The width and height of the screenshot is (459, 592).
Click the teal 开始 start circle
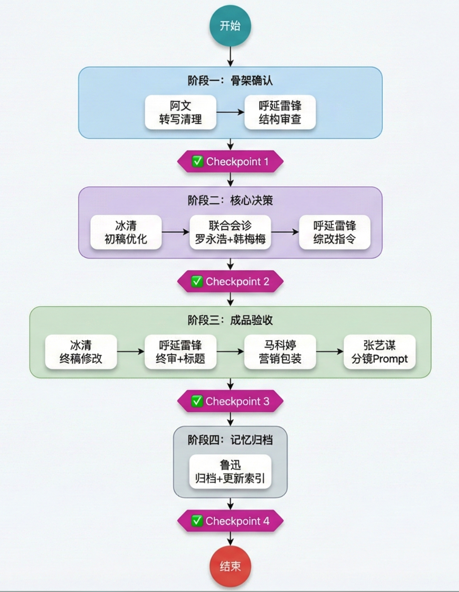click(230, 26)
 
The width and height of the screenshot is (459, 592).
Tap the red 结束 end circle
click(230, 566)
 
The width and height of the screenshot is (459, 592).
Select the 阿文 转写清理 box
click(181, 112)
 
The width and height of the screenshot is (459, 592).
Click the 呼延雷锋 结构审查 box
click(280, 112)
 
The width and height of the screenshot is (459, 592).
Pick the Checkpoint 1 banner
click(230, 161)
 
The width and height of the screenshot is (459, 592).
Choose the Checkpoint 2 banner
click(230, 282)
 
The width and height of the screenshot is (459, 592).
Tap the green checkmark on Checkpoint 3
click(197, 401)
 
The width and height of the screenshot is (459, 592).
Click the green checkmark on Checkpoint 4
click(197, 521)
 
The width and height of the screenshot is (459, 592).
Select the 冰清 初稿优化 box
click(126, 232)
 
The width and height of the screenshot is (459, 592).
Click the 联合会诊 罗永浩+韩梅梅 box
click(230, 232)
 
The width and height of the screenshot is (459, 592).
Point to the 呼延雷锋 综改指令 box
click(335, 232)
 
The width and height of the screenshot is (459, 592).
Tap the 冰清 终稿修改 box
click(81, 352)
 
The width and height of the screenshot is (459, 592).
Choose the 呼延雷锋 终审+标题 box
click(180, 352)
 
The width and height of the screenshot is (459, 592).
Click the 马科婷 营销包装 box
click(280, 352)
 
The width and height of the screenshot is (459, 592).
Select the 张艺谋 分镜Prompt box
click(380, 352)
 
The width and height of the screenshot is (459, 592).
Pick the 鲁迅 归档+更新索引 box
click(230, 472)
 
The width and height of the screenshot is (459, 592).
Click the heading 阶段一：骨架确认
click(230, 81)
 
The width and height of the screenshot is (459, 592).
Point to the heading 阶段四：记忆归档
click(230, 440)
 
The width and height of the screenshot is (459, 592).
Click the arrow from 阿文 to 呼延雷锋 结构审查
click(230, 112)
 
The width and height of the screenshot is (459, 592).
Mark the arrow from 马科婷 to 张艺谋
click(330, 352)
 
